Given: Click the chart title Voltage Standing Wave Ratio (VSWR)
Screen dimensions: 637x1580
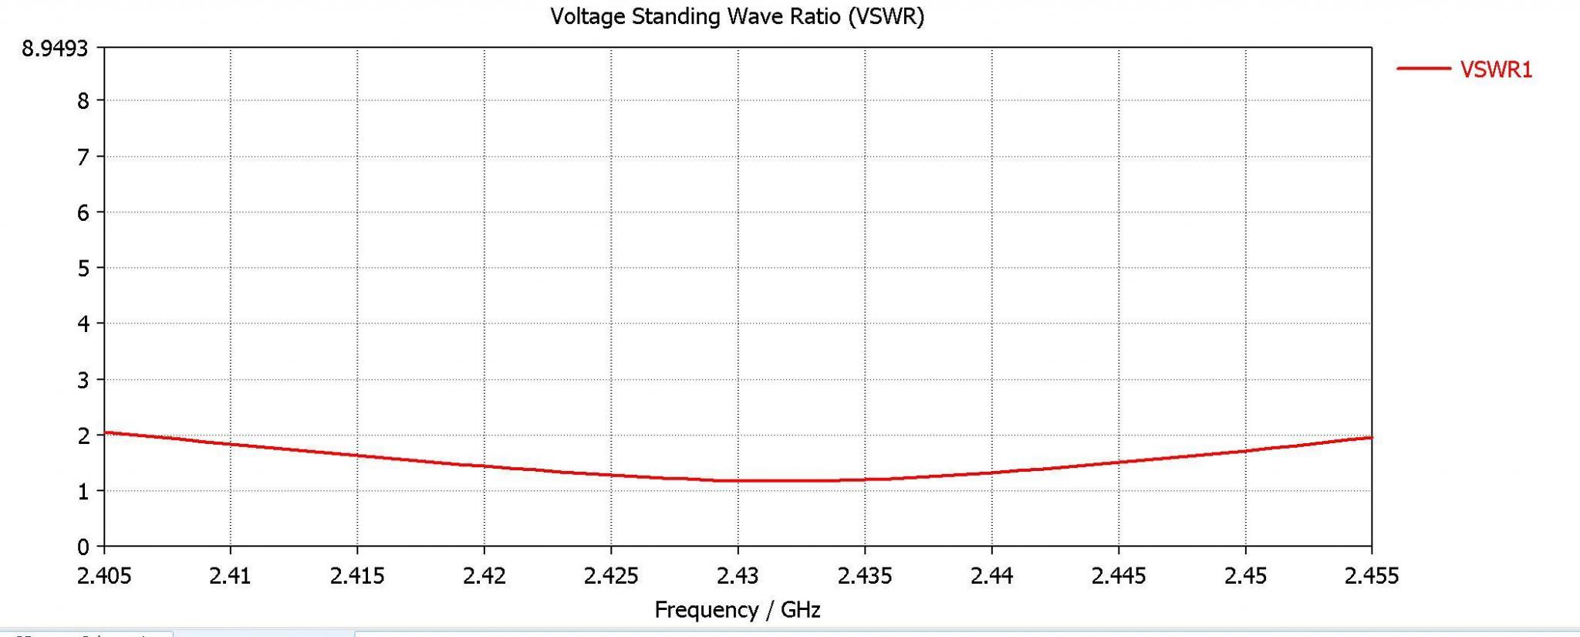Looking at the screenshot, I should click(737, 16).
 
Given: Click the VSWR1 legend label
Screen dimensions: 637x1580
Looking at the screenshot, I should click(1496, 69).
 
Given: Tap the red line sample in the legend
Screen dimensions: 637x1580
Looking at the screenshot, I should click(1423, 69).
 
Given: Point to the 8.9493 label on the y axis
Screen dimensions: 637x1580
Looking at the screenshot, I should click(55, 49).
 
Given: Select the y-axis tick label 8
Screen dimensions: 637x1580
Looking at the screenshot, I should click(83, 101).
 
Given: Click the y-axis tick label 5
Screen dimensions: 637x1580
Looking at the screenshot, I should click(83, 269).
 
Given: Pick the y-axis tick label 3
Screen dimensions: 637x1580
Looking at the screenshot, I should click(83, 380).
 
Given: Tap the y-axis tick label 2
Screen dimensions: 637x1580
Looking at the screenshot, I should click(83, 435).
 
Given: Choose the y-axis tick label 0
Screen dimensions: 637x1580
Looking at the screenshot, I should click(83, 547).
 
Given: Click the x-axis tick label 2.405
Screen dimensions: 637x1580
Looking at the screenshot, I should click(104, 576).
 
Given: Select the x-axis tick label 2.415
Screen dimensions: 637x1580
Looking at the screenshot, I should click(357, 576).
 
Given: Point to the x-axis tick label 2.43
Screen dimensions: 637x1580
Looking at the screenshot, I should click(738, 576).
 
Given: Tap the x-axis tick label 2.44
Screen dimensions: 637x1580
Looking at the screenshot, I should click(991, 576).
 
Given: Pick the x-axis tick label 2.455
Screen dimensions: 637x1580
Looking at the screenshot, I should click(1371, 576).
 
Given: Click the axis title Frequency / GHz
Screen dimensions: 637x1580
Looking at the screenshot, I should click(737, 610).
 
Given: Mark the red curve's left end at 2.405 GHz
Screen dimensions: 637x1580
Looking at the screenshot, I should click(105, 432).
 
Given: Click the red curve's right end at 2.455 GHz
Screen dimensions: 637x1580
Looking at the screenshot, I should click(1371, 438).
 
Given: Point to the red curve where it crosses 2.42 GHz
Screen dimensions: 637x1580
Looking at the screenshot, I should click(484, 466).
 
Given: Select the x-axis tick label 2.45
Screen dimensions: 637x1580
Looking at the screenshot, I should click(1245, 576).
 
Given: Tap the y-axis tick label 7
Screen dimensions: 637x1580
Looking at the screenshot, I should click(83, 157).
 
